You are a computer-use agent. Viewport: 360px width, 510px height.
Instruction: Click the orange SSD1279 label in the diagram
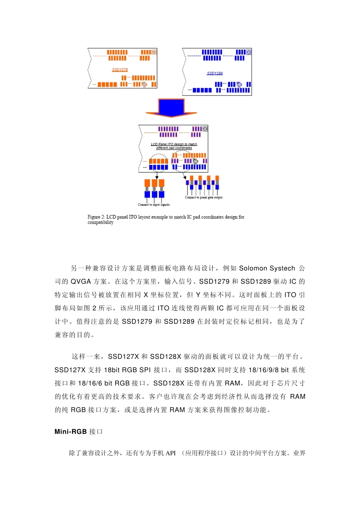pos(120,70)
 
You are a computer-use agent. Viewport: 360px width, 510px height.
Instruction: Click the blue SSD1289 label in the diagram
pos(214,73)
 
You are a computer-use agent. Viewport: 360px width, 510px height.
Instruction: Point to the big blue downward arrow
pos(171,107)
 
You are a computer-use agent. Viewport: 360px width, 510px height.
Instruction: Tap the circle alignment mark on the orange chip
pos(154,52)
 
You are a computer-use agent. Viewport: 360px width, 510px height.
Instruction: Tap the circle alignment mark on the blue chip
pos(249,52)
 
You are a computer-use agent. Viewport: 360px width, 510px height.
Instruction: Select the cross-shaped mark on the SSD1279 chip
pos(144,84)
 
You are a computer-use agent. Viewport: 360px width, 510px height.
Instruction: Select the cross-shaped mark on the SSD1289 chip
pos(239,84)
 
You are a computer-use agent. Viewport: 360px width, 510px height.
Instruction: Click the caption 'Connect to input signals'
pos(153,205)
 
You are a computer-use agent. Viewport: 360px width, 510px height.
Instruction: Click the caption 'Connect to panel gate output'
pos(203,198)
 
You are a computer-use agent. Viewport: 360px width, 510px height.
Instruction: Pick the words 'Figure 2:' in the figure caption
pos(96,217)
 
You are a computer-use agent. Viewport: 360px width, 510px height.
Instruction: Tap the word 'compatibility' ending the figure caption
pos(100,223)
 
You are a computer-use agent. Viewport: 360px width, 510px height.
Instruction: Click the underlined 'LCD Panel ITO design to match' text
pos(174,144)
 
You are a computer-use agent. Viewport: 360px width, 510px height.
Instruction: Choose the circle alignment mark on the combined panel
pos(205,129)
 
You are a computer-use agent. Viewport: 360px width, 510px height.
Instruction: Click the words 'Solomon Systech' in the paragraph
pos(267,268)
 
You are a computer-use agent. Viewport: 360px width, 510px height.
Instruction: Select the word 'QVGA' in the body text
pos(81,282)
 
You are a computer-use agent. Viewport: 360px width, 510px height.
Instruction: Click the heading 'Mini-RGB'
pos(70,432)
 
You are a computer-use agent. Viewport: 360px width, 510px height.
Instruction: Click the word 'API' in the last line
pos(171,453)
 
